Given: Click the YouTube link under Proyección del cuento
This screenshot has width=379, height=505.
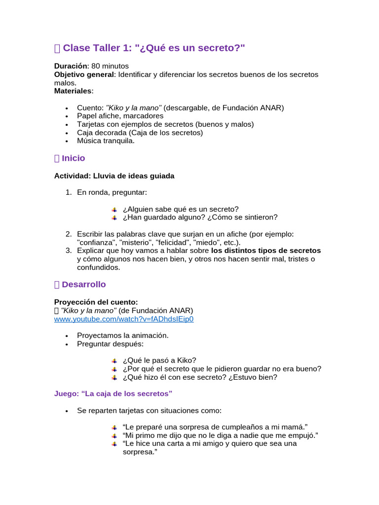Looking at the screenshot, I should (123, 319).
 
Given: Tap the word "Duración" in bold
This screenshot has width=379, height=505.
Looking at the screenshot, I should (71, 66).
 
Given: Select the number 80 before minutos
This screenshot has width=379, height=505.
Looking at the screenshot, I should (96, 66).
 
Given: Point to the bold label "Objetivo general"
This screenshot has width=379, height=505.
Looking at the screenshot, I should (84, 74).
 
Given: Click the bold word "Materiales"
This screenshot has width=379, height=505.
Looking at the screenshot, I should (73, 91).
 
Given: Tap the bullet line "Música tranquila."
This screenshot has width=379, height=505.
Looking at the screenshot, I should (106, 141).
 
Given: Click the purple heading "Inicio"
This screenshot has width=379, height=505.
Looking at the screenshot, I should (73, 158).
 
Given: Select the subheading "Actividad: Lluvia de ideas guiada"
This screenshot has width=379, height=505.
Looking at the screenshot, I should (114, 176).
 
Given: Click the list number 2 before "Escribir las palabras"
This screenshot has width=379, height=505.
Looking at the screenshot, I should (69, 234).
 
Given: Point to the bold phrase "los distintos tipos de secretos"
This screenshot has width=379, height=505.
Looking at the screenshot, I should (266, 251).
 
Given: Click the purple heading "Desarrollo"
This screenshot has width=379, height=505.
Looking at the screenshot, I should (83, 285).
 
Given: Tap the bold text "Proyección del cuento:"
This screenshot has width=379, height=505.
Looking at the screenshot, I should (96, 302).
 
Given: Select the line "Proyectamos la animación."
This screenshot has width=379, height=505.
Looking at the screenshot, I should (123, 335).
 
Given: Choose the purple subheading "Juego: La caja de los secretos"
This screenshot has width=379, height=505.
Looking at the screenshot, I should (113, 394).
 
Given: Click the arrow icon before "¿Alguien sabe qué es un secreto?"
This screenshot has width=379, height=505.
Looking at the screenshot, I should (114, 210).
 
